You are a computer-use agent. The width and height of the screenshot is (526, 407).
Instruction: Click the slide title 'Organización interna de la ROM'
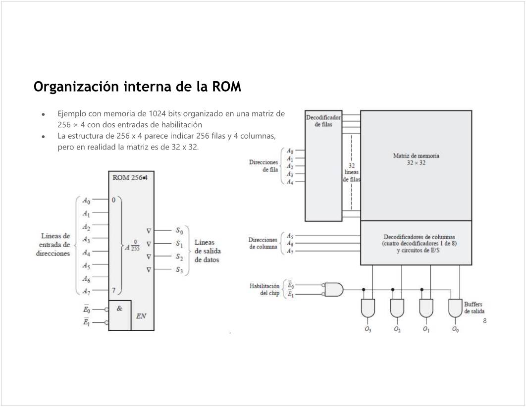coord(137,87)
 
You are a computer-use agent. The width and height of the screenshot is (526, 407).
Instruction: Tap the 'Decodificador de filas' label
coord(323,120)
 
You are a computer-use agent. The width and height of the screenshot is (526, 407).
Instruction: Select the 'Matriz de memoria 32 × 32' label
coord(416,159)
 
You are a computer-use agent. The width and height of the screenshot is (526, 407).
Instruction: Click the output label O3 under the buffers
coord(368,329)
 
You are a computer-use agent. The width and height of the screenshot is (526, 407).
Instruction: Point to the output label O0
coord(455,329)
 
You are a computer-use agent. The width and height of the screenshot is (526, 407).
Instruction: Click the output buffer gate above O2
coord(397,308)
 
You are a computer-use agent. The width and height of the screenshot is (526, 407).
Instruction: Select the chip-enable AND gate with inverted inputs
coord(334,289)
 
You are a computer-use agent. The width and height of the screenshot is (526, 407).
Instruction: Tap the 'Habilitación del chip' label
coord(264,290)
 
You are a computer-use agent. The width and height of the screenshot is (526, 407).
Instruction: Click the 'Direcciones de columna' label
coord(263,243)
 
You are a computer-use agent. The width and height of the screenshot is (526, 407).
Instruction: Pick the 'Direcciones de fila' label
coord(263,165)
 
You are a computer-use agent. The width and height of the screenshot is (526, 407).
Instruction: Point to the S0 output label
coord(179,231)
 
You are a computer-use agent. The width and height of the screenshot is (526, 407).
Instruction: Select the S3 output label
coord(179,270)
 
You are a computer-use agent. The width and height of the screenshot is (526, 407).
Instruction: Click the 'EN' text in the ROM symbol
coord(141,316)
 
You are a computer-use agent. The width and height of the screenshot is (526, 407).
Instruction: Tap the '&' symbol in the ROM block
coord(119,308)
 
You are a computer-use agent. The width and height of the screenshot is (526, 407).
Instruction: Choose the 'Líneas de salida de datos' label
coord(206,251)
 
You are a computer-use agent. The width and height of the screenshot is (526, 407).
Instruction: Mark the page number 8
coord(484,321)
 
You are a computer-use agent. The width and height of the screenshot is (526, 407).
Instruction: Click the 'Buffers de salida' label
coord(473,307)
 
